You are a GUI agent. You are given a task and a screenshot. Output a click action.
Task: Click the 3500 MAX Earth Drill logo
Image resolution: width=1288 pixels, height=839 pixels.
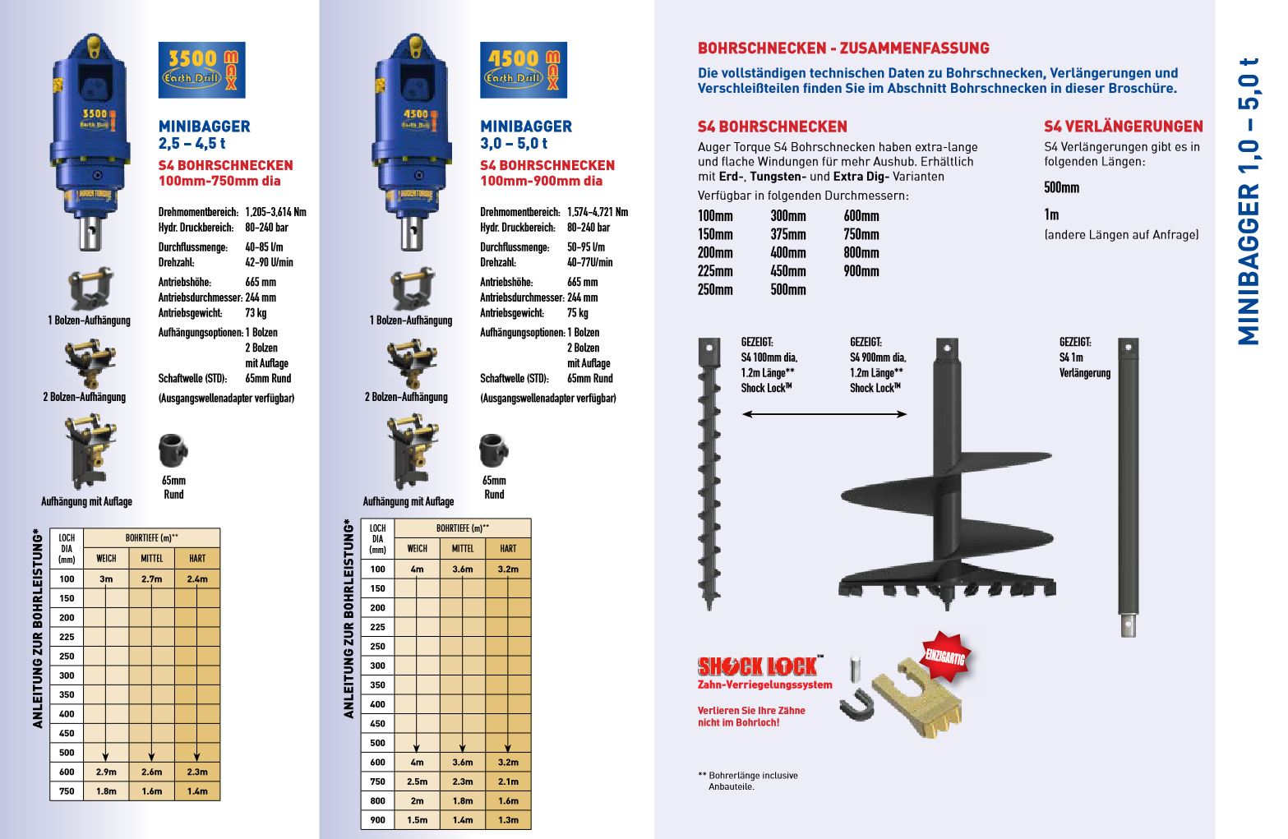click(x=201, y=71)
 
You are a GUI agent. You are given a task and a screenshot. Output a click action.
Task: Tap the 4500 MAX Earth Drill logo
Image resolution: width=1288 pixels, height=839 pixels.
click(x=524, y=71)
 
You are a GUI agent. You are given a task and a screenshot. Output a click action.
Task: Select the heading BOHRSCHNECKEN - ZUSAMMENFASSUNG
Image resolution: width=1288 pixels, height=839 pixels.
click(x=843, y=48)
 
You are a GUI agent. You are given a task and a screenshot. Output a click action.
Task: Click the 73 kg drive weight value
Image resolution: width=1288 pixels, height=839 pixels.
click(x=256, y=313)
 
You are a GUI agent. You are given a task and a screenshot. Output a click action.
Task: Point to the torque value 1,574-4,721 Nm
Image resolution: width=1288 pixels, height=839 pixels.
click(x=598, y=212)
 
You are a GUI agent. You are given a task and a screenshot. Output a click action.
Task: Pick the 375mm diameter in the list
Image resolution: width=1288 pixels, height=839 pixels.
click(x=788, y=234)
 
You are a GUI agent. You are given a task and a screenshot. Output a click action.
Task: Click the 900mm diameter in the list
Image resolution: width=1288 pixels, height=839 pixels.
click(x=861, y=271)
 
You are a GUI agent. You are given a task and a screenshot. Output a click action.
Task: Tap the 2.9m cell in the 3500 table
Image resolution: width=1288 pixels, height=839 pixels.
click(x=106, y=772)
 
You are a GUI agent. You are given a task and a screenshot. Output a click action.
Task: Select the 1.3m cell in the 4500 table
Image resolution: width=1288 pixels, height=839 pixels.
click(x=508, y=820)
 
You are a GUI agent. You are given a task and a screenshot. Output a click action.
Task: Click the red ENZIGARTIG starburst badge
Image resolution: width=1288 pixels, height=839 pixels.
click(x=945, y=657)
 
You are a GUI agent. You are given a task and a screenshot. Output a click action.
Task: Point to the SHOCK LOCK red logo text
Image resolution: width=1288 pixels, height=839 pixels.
click(x=757, y=666)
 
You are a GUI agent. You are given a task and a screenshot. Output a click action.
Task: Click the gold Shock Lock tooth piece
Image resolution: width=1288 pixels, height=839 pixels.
click(x=918, y=698)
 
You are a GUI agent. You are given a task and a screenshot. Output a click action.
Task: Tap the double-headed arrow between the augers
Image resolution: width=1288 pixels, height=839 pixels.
click(x=824, y=414)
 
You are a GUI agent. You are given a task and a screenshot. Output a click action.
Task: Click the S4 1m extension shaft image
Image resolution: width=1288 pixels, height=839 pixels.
click(x=1128, y=485)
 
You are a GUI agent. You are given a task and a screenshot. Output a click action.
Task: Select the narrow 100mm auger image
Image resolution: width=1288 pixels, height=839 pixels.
click(x=709, y=473)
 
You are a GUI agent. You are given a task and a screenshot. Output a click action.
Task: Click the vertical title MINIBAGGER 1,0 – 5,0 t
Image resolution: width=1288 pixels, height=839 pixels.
click(x=1248, y=201)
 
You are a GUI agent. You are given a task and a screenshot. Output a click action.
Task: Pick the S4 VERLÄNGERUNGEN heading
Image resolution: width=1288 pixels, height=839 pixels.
click(x=1123, y=127)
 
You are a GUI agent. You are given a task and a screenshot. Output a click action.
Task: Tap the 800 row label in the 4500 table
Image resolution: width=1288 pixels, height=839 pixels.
click(x=377, y=801)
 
